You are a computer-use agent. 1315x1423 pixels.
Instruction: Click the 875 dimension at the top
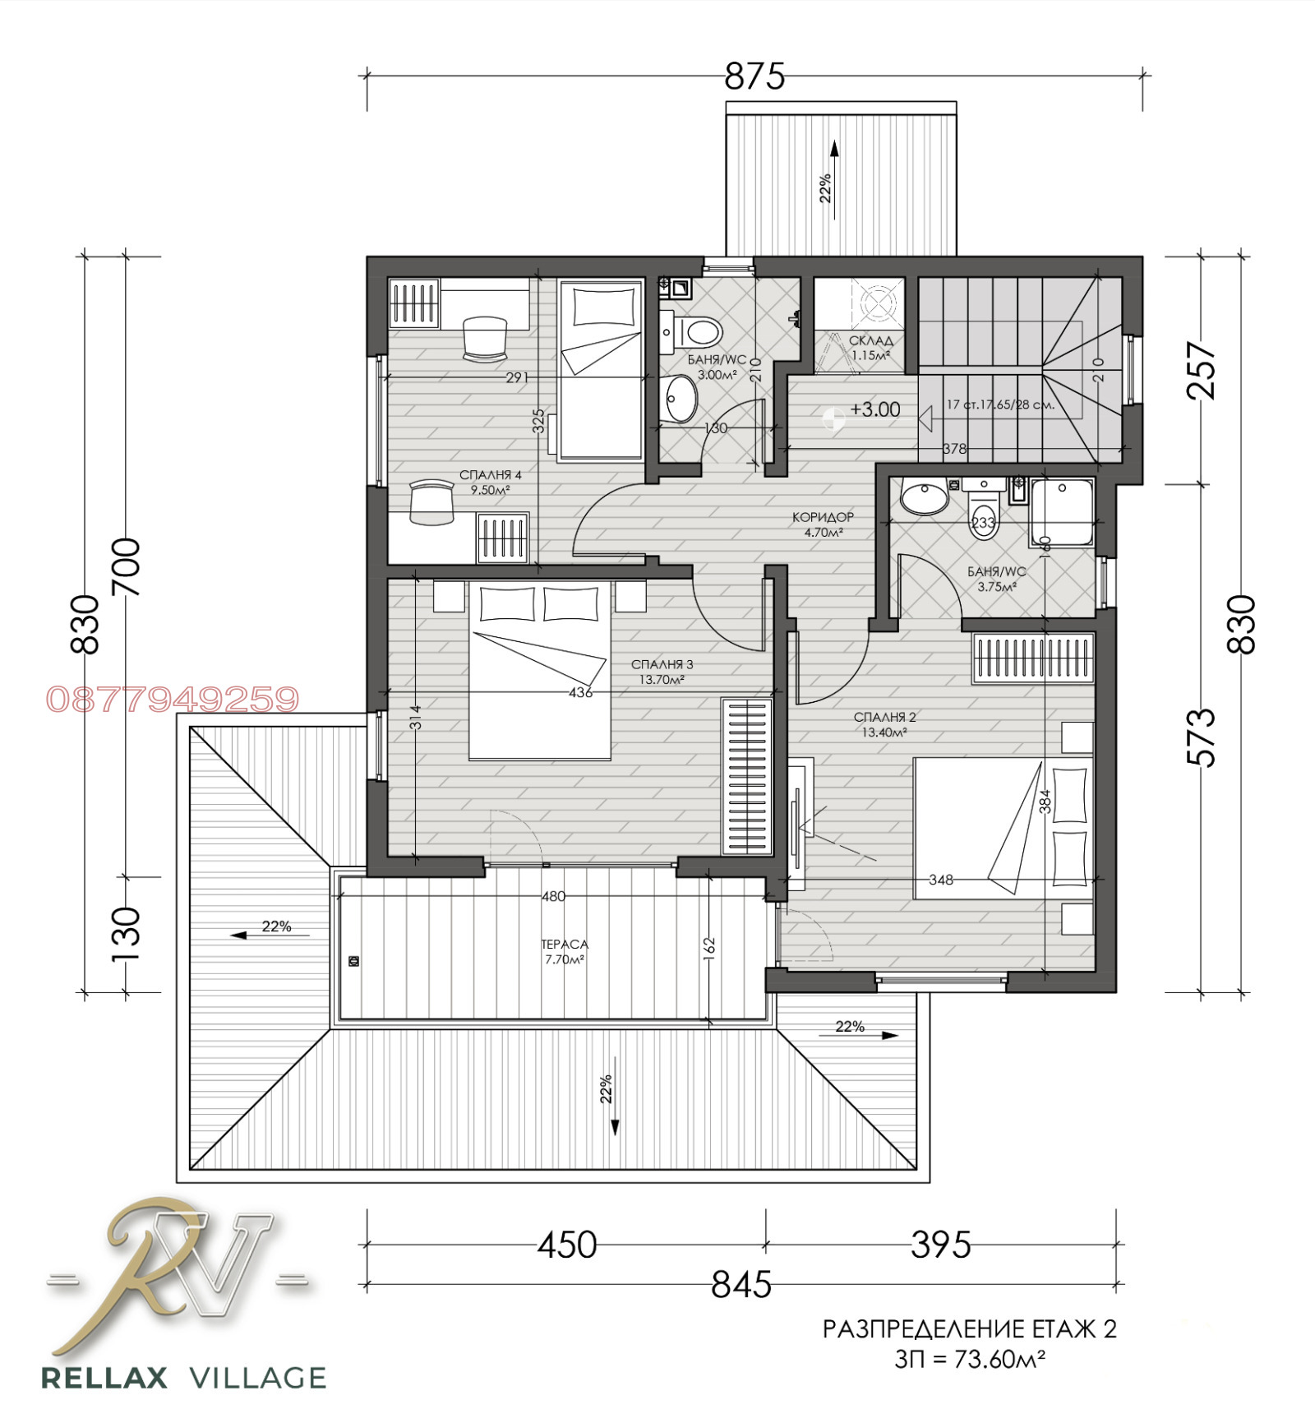754,76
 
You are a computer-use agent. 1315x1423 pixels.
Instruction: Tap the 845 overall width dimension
741,1284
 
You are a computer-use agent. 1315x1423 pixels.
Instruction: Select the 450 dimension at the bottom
567,1245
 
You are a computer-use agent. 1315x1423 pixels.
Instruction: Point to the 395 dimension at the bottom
941,1245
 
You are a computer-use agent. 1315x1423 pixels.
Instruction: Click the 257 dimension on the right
1201,370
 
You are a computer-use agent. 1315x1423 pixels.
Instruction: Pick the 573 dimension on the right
1201,737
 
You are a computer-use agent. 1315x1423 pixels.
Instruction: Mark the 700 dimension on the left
126,566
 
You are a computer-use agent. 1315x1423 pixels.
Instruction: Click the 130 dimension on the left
126,934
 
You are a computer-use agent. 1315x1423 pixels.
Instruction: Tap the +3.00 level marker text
875,409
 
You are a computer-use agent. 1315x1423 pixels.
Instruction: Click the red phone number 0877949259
173,700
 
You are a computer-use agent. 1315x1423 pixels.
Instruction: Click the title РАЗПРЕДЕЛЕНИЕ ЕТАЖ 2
970,1329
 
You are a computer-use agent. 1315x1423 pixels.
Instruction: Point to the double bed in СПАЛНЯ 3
540,670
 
